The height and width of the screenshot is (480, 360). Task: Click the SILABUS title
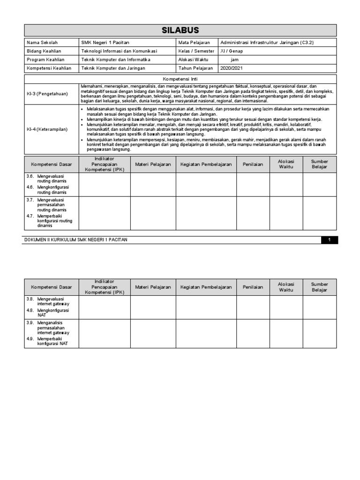click(x=180, y=30)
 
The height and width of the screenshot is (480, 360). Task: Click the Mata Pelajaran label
click(x=194, y=43)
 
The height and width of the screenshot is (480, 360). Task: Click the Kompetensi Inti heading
click(x=180, y=79)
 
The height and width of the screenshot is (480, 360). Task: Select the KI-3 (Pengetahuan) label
click(x=47, y=94)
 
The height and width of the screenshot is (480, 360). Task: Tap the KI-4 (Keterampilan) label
click(x=47, y=129)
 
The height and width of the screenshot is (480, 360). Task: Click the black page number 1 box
click(x=330, y=240)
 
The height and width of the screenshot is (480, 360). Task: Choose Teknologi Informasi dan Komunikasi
click(x=119, y=51)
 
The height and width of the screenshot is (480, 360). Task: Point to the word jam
click(x=234, y=60)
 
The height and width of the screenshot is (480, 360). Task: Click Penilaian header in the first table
click(x=253, y=164)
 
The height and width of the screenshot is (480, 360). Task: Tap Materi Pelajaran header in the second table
click(x=153, y=287)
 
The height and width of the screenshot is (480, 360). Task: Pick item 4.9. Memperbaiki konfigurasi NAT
click(x=50, y=342)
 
